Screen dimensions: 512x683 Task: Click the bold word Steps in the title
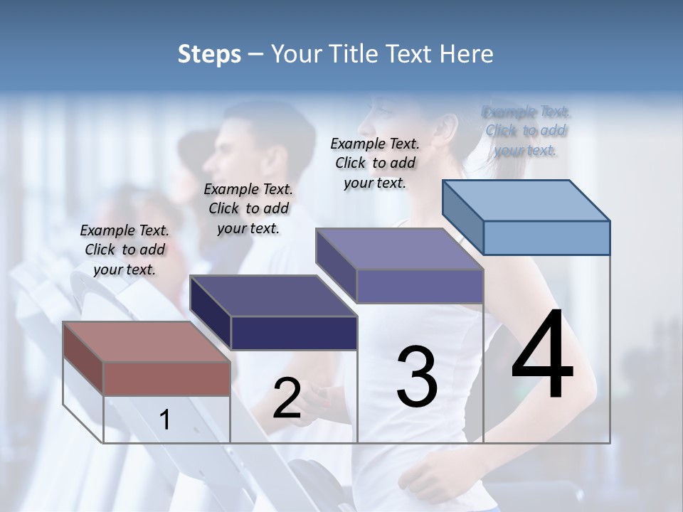click(209, 54)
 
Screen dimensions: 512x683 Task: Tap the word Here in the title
click(467, 54)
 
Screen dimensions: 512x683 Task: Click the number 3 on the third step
click(417, 377)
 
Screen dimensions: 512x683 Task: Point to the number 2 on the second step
click(287, 398)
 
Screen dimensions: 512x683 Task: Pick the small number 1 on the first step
click(165, 420)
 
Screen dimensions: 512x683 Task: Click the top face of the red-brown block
click(147, 341)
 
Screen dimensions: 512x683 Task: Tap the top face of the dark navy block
click(273, 295)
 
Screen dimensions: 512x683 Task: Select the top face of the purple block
click(399, 249)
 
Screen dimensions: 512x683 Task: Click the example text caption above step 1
click(125, 250)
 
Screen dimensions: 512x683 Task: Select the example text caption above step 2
click(248, 208)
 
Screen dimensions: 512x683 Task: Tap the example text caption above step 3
click(375, 163)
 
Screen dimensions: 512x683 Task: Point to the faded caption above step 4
click(526, 131)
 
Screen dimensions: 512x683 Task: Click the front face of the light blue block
click(546, 238)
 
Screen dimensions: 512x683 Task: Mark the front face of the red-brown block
click(166, 378)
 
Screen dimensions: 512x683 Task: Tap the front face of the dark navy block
click(294, 333)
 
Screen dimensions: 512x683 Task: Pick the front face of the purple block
click(420, 287)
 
